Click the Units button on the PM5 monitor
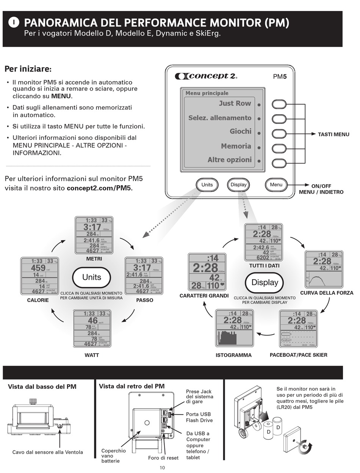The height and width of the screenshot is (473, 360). pos(207,185)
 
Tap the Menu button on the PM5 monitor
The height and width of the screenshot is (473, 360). pos(276,185)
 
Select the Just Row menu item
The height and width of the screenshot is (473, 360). pos(235,103)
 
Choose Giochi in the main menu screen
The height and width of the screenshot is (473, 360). pos(240,132)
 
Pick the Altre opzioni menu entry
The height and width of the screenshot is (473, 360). pos(229,160)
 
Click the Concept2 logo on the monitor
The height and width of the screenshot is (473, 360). pos(206,76)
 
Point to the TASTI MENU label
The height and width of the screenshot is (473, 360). pos(333,134)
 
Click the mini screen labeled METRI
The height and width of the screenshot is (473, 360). pos(94,235)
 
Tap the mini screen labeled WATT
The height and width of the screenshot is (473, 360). pos(92,328)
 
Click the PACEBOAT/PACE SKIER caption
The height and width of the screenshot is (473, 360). pos(298,355)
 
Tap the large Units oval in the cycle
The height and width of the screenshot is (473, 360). pos(92,277)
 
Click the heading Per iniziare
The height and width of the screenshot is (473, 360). pos(28,69)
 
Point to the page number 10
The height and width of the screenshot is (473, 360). pos(162,468)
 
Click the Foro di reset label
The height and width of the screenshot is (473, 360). pos(163,458)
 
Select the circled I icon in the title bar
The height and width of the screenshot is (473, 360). pos(13,23)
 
